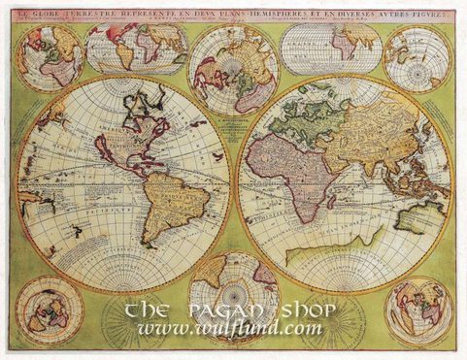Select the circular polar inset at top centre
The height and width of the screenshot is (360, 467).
233,69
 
